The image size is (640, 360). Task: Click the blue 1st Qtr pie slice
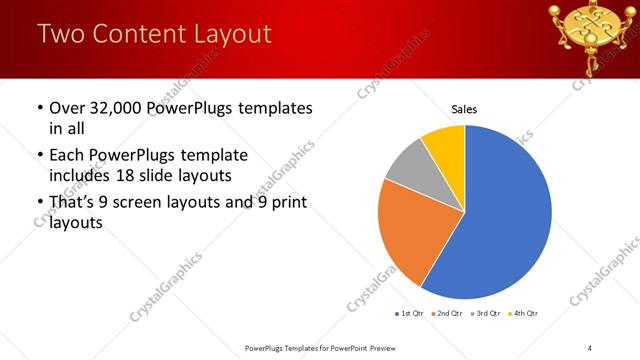[x=505, y=220]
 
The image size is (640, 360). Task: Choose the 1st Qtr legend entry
[x=410, y=314]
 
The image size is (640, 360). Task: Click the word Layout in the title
[x=229, y=34]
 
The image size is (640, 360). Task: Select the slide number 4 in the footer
[x=590, y=348]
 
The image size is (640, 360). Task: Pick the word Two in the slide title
[x=59, y=34]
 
